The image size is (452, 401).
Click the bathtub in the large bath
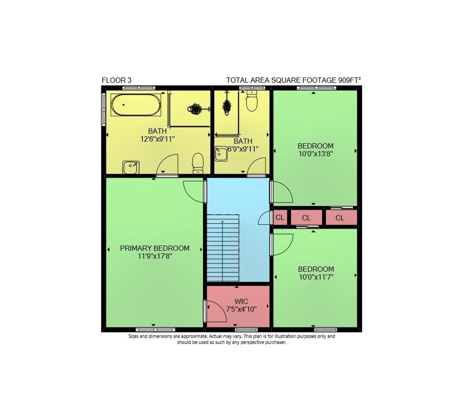[x=136, y=105]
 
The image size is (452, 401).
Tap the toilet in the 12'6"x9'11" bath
[x=198, y=163]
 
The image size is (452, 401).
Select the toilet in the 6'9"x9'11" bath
[x=252, y=101]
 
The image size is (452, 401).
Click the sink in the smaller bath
[x=221, y=153]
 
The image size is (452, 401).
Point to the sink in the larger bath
[x=131, y=167]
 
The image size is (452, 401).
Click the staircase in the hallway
[x=223, y=248]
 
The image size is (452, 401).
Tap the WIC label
[x=241, y=302]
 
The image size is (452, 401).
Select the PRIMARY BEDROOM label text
[x=155, y=248]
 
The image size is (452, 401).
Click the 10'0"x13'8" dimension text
[x=315, y=154]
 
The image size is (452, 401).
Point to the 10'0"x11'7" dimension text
[x=316, y=277]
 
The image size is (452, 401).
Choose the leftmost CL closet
[x=280, y=217]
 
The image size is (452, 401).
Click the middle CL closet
[x=306, y=218]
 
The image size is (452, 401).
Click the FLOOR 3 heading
[x=117, y=80]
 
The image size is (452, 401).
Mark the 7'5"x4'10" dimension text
[x=241, y=310]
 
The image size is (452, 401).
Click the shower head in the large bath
[x=197, y=109]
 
